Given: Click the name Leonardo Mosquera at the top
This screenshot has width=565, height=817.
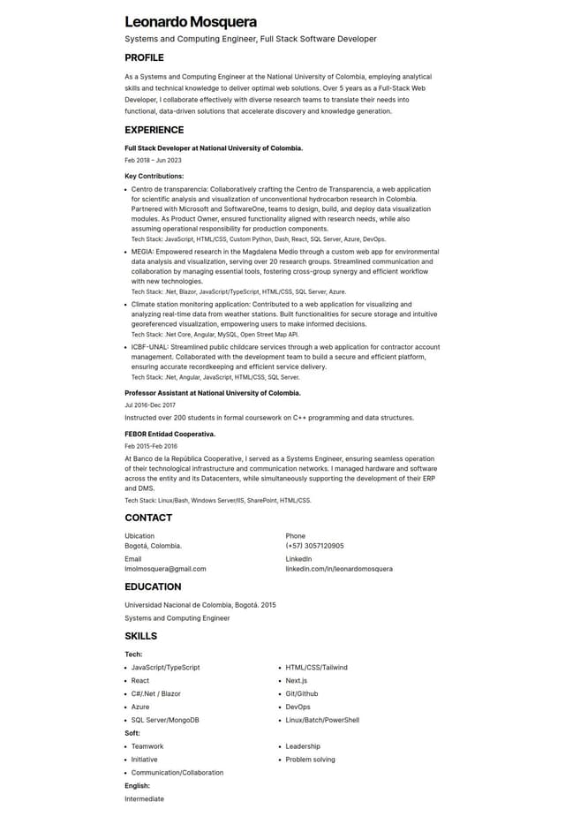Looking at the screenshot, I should click(191, 21).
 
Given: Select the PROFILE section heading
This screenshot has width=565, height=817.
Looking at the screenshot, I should click(144, 57).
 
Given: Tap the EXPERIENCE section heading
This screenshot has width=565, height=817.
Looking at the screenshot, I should click(154, 130).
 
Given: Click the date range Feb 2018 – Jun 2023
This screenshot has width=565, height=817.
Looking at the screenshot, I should click(153, 160).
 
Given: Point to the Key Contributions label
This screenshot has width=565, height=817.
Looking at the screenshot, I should click(154, 176).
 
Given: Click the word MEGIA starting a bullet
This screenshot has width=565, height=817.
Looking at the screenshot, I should click(141, 252).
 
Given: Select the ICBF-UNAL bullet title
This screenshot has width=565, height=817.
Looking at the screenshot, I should click(149, 347).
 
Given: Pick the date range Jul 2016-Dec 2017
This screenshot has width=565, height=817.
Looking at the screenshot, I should click(149, 405).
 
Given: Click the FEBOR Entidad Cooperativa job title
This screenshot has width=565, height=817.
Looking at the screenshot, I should click(169, 434).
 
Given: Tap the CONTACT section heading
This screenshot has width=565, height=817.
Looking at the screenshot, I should click(148, 518).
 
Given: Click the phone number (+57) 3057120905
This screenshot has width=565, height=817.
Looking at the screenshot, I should click(314, 546).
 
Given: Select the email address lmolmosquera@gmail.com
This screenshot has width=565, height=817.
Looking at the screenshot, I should click(165, 569).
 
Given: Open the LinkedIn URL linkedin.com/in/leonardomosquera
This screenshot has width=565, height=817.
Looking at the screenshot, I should click(339, 569).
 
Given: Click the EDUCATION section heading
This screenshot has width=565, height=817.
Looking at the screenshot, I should click(153, 586).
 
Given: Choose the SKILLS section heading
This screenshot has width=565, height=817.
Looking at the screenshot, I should click(140, 636).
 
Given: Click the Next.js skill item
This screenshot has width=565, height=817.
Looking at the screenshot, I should click(296, 680).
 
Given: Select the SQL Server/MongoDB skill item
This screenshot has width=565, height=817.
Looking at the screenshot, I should click(165, 720).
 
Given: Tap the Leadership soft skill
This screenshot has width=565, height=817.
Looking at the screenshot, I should click(303, 746).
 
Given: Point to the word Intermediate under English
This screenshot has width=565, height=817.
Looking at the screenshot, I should click(144, 798).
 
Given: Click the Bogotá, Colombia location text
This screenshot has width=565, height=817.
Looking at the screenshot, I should click(153, 546).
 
